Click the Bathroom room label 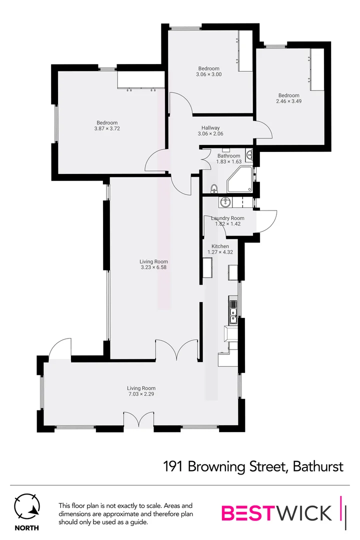tap(228, 156)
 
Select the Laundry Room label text tap(227, 218)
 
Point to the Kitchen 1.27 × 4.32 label tap(220, 249)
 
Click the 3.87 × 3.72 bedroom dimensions tap(107, 128)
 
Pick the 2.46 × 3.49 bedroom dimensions tap(288, 101)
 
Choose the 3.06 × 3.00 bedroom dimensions tap(208, 74)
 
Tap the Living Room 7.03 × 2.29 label tap(141, 391)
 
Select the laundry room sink tap(225, 202)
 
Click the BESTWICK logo tap(276, 513)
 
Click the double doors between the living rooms tap(176, 350)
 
